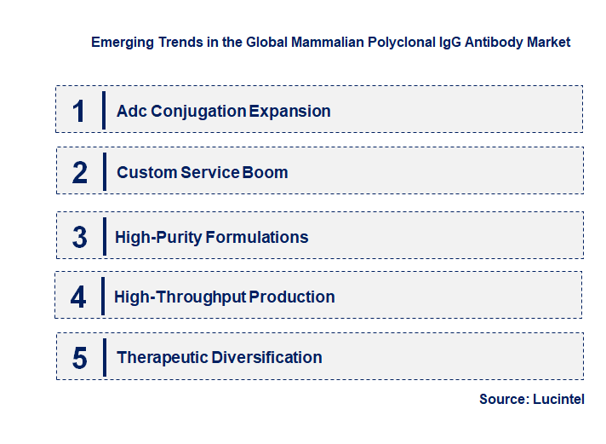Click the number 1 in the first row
pos(79,111)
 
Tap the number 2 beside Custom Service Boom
pos(80,172)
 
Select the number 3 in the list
pos(79,237)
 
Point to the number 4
pos(78,297)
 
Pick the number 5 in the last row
pos(79,357)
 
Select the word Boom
pos(266,172)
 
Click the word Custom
pos(146,172)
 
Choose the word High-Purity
pos(157,237)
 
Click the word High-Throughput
pos(180,297)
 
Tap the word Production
pos(292,297)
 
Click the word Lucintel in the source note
pos(558,399)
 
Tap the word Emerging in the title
pos(123,42)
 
